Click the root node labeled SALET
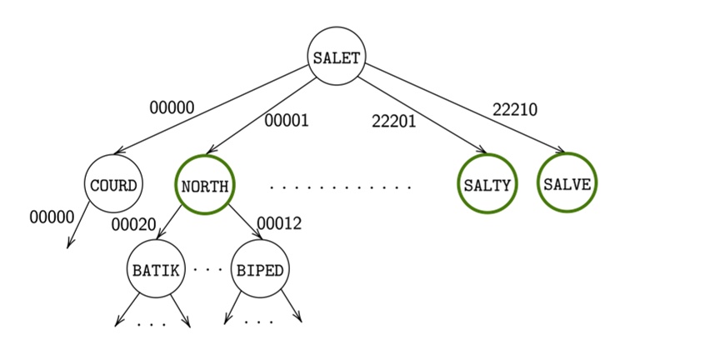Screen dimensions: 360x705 (337, 57)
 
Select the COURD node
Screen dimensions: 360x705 (113, 184)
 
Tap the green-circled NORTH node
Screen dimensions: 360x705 (205, 185)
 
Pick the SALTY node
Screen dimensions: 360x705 (487, 185)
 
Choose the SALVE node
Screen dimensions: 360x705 (567, 184)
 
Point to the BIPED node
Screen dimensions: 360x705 (260, 270)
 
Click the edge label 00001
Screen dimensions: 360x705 (287, 121)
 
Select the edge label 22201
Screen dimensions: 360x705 (393, 122)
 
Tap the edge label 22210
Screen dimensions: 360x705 (514, 109)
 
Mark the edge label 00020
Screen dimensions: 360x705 (134, 223)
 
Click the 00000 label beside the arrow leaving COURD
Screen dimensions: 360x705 (52, 217)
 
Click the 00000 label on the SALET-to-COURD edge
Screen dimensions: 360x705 (172, 107)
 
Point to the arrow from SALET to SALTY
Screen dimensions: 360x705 (425, 116)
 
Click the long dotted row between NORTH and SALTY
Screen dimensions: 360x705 (341, 187)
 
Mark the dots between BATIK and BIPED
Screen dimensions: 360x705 (207, 270)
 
